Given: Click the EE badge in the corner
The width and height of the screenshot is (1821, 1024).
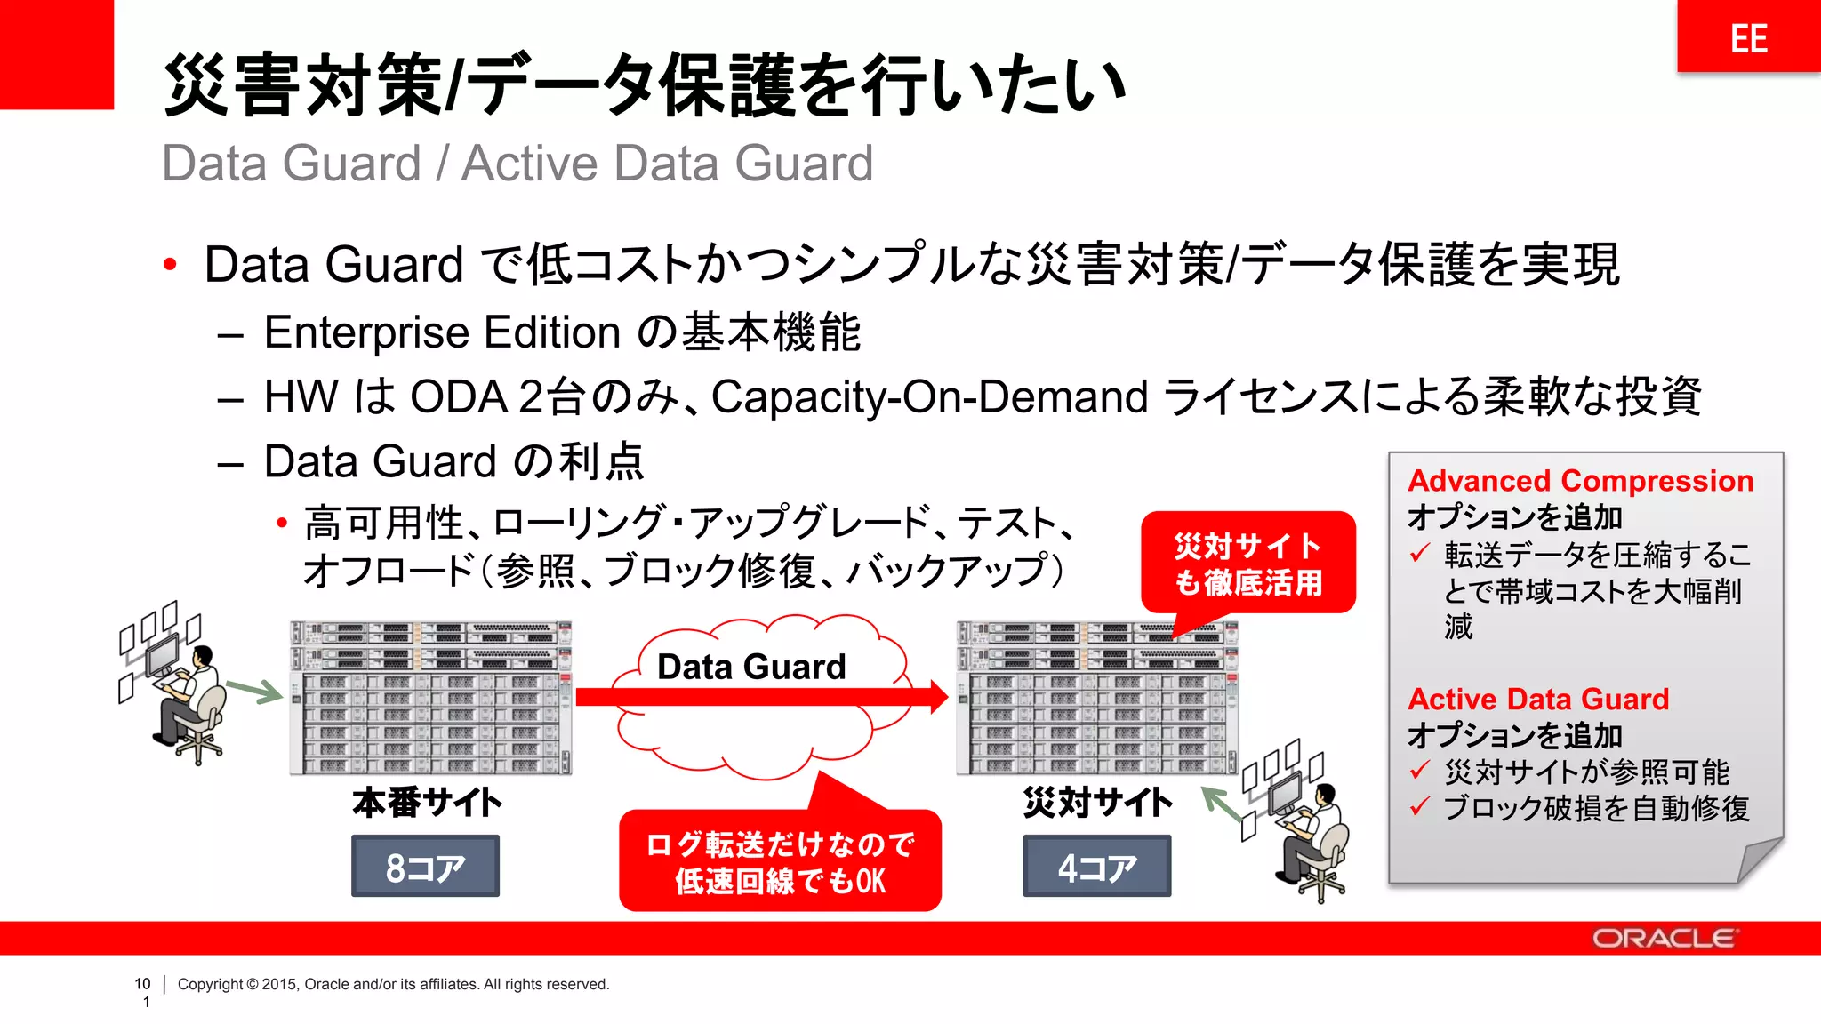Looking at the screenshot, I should click(x=1748, y=37).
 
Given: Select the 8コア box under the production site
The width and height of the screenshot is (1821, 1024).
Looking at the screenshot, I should click(x=425, y=866).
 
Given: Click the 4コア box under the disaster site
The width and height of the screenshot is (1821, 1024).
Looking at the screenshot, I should click(x=1096, y=866).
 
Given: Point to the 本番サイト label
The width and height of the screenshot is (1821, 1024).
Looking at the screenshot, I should click(x=427, y=803).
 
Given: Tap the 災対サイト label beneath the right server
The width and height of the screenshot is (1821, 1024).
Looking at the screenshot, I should click(x=1097, y=803).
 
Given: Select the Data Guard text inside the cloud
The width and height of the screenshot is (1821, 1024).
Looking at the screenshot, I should click(x=751, y=667).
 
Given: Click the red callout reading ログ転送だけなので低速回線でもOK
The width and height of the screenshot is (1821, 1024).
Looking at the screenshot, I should click(x=780, y=861).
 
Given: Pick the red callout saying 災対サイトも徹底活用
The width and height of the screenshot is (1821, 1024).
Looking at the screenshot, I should click(x=1247, y=564).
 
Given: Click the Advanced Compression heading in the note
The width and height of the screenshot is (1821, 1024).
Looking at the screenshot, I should click(x=1580, y=481).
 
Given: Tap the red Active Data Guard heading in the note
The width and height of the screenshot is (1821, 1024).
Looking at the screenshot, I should click(x=1538, y=700).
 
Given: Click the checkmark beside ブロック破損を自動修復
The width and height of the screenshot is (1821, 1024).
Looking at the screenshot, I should click(x=1420, y=807).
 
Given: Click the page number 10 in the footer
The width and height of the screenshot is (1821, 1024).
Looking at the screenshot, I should click(x=142, y=984).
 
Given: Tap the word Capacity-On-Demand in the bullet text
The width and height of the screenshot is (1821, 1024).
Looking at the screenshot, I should click(x=929, y=396).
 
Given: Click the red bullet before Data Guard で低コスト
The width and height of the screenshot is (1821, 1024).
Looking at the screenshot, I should click(x=170, y=265).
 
